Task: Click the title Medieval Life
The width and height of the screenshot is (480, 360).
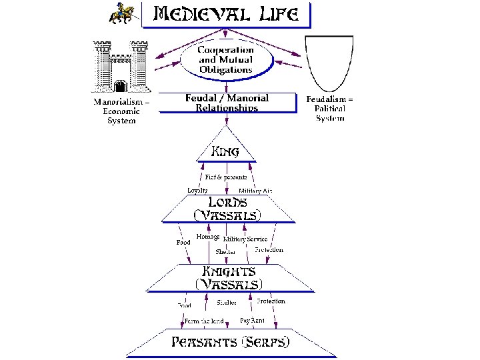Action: [226, 14]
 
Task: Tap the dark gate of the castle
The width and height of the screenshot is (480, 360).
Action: [120, 87]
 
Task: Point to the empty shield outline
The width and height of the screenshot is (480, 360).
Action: [329, 63]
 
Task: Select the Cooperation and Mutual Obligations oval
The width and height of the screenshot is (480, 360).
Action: [226, 59]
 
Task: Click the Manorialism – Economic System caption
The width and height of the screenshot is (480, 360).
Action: [121, 111]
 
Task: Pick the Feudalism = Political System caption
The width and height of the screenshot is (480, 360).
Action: [330, 109]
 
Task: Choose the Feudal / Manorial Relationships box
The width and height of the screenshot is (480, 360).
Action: [227, 103]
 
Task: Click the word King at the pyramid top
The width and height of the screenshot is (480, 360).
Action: [226, 151]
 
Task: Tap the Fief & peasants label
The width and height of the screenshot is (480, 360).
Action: [226, 177]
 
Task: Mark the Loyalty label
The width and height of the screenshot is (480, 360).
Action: [197, 191]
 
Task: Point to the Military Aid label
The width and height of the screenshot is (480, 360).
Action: [256, 191]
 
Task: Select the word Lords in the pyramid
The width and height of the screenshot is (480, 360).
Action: [228, 202]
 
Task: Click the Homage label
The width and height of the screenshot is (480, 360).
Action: [209, 237]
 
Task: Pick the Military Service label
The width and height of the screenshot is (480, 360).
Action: [245, 239]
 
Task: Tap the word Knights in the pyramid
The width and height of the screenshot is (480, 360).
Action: [228, 271]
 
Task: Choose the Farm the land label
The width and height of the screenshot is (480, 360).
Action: [204, 321]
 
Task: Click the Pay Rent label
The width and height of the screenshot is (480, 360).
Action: [252, 321]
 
